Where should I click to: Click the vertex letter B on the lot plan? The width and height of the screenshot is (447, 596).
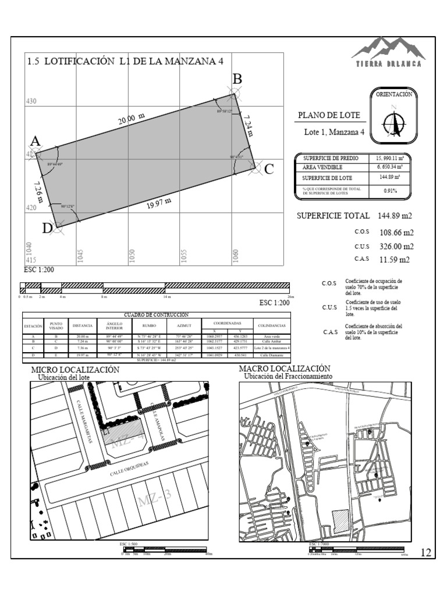point(237,79)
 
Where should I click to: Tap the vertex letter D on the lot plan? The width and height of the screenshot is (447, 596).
point(47,229)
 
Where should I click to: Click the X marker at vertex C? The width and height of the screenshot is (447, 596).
point(255,168)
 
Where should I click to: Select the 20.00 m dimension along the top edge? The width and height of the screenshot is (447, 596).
point(132,119)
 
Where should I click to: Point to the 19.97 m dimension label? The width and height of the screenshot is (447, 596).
point(158,204)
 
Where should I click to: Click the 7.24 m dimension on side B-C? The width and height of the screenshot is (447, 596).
point(249,124)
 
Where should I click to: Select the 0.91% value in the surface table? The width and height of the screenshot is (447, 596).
point(390,191)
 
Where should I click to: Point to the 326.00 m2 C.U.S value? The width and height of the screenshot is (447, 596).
point(395,246)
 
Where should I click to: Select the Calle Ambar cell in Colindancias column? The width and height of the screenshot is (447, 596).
point(268,342)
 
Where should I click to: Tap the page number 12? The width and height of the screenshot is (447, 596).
point(425,552)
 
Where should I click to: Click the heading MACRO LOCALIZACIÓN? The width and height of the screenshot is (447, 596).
point(285,369)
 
